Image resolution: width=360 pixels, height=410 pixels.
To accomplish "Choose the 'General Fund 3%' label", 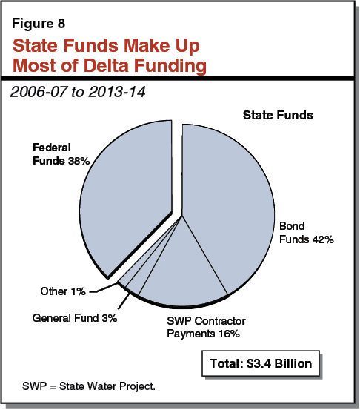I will click(75, 318).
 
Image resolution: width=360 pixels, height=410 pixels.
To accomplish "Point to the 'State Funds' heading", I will click(278, 116).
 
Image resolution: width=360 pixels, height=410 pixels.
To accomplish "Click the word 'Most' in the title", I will click(36, 65).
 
